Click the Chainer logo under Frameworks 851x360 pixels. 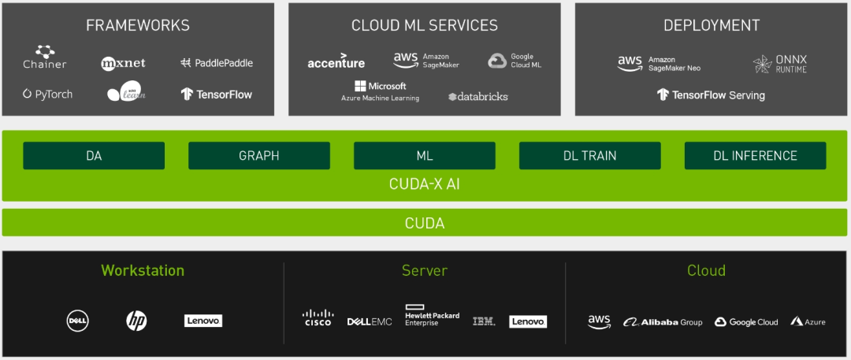pyautogui.click(x=45, y=58)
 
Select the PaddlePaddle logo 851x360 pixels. pyautogui.click(x=217, y=63)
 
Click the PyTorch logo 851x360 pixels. pyautogui.click(x=48, y=95)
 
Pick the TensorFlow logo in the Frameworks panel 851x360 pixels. pyautogui.click(x=217, y=95)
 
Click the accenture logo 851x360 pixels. pyautogui.click(x=336, y=63)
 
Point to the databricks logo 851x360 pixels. pyautogui.click(x=478, y=97)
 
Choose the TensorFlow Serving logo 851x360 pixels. pyautogui.click(x=711, y=95)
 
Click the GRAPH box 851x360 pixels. pyautogui.click(x=258, y=156)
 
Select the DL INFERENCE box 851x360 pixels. pyautogui.click(x=755, y=156)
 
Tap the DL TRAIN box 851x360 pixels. pyautogui.click(x=589, y=156)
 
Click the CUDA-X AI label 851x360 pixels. pyautogui.click(x=425, y=184)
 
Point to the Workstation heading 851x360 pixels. pyautogui.click(x=143, y=271)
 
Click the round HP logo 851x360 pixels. pyautogui.click(x=136, y=321)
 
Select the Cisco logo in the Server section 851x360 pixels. pyautogui.click(x=318, y=318)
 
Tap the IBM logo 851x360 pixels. pyautogui.click(x=484, y=321)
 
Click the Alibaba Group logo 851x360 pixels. pyautogui.click(x=663, y=322)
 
